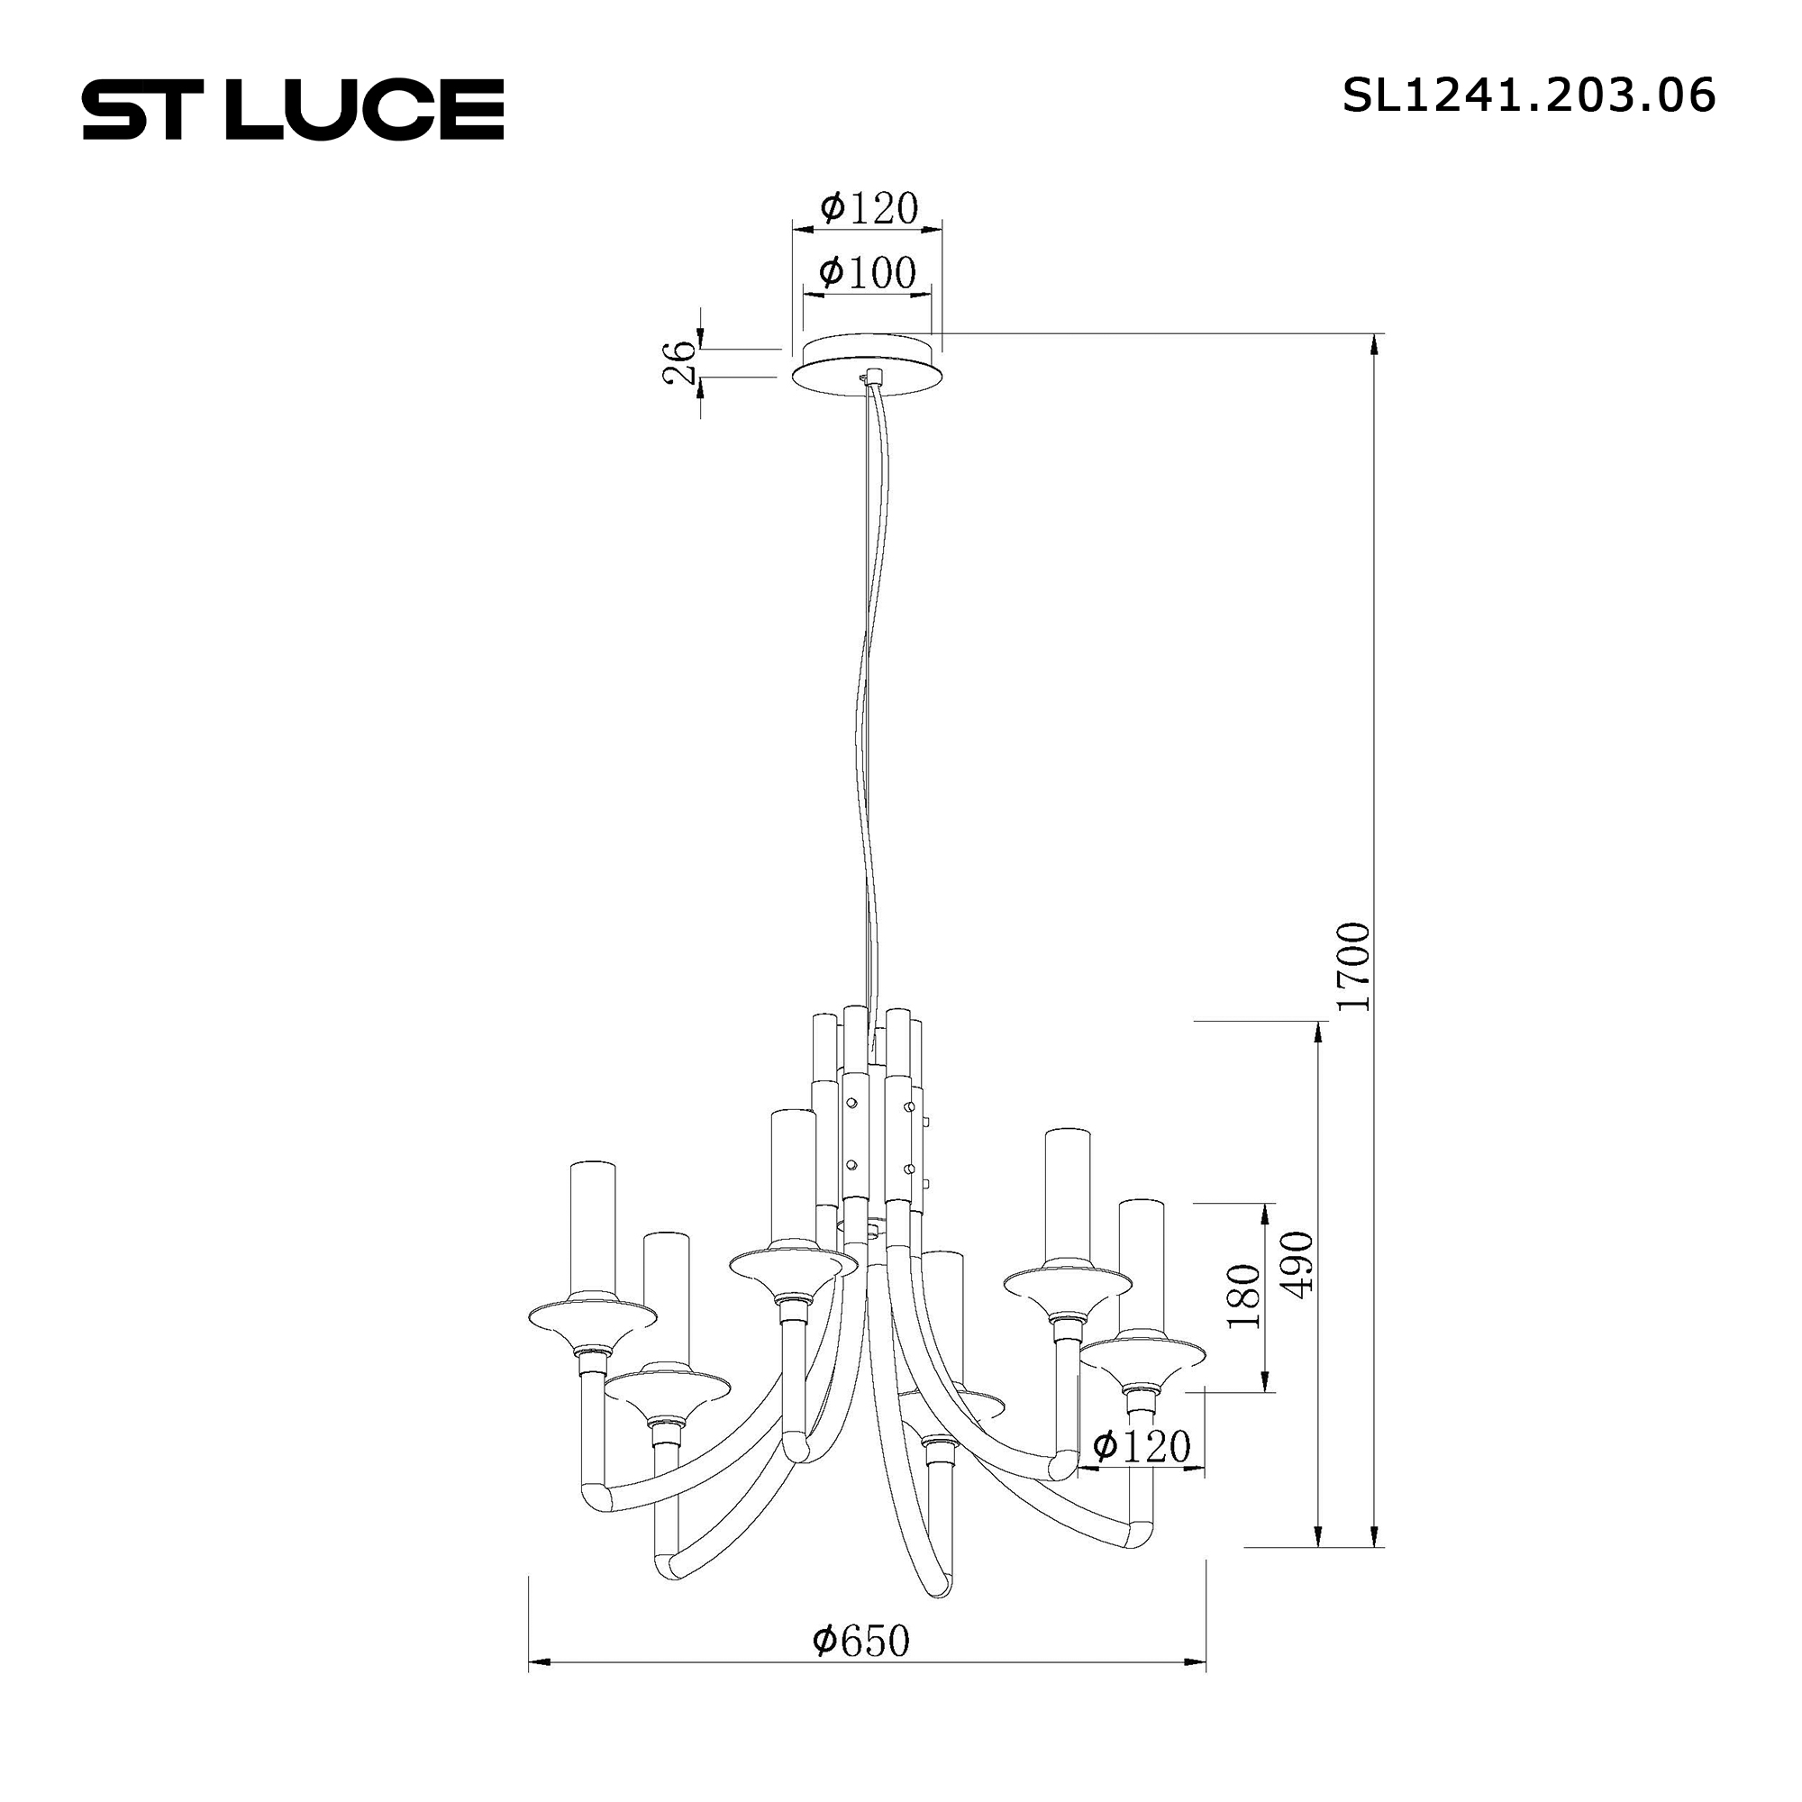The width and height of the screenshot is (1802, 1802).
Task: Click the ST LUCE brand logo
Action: point(293,109)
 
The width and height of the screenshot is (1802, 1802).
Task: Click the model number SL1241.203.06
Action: point(1528,96)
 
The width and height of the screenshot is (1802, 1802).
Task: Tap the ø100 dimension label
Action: point(867,272)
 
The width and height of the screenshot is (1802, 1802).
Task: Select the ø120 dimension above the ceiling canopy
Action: point(869,208)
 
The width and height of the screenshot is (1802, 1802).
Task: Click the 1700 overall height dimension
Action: point(1353,966)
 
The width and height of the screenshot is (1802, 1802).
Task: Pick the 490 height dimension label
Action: point(1297,1262)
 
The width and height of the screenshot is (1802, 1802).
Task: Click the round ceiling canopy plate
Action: point(868,366)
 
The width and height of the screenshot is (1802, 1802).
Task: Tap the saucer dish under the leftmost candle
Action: point(587,1318)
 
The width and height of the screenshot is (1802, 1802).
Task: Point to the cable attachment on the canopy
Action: point(873,377)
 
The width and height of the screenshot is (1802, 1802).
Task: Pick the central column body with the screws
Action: point(876,1138)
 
